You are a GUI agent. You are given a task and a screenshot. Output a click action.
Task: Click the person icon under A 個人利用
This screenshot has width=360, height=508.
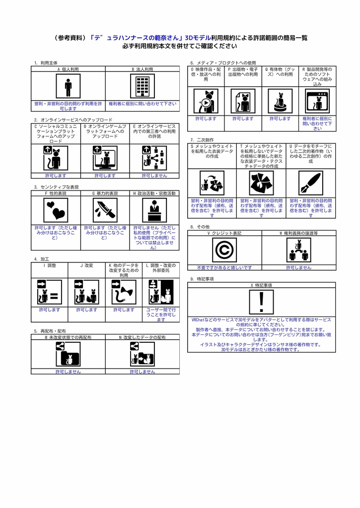point(68,87)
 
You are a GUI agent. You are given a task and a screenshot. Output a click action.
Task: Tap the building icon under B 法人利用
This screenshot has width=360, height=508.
point(142,87)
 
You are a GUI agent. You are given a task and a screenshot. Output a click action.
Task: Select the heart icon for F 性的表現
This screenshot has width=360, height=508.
point(55,210)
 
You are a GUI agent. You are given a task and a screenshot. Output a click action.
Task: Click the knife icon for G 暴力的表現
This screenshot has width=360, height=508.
point(105,210)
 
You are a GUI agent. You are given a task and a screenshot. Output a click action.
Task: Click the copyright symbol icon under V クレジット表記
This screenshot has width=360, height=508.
point(224,250)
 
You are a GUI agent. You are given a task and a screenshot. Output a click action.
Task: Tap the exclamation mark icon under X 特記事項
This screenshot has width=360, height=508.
point(262,302)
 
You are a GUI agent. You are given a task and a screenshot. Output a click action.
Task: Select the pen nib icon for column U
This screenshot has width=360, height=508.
point(311,184)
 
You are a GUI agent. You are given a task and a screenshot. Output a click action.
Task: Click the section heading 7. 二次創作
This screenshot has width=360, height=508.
point(202,140)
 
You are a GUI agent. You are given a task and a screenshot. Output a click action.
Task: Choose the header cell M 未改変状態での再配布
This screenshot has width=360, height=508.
point(68,337)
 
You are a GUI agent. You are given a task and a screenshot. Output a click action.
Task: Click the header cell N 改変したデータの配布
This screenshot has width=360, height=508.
point(142,337)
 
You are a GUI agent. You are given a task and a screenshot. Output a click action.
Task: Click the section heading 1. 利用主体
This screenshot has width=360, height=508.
point(45,63)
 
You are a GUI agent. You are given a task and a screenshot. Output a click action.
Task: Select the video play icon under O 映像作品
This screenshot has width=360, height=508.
point(206,101)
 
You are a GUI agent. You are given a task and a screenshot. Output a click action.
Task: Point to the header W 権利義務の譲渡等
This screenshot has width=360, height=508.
point(298,232)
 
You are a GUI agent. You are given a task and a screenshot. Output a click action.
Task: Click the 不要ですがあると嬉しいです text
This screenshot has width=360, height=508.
point(224,267)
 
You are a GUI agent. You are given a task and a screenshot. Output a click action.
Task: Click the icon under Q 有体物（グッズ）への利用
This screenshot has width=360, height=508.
point(280,101)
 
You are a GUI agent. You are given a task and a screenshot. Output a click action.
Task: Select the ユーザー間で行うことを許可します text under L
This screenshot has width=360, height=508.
point(161,315)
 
